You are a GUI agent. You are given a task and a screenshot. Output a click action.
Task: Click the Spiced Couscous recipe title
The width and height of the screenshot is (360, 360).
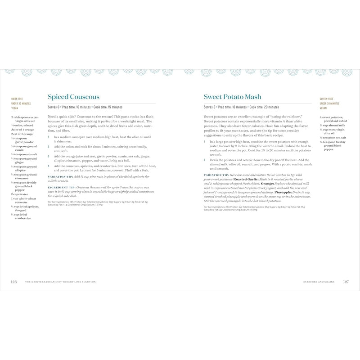tap(73, 97)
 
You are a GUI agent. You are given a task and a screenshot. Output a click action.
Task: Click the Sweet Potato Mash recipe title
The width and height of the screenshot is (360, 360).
tap(232, 97)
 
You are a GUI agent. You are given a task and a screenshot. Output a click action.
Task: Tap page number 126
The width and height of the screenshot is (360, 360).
tap(13, 282)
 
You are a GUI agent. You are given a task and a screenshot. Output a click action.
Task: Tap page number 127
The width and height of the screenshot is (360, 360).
tap(346, 282)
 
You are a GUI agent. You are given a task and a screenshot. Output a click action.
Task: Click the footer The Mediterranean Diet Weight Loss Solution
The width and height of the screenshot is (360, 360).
tap(61, 282)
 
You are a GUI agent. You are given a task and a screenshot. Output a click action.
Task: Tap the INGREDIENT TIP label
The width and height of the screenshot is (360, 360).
tap(60, 186)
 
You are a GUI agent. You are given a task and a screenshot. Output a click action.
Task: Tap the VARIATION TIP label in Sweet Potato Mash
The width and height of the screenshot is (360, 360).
tap(216, 175)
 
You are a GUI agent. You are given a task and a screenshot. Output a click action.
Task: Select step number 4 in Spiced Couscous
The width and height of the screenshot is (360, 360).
tap(49, 166)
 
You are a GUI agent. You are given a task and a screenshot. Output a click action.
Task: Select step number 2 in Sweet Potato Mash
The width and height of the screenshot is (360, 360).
tap(204, 160)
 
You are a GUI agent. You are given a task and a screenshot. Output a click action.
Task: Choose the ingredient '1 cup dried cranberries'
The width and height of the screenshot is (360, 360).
tap(23, 216)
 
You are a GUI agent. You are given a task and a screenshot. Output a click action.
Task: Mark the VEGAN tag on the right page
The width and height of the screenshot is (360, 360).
tap(324, 108)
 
